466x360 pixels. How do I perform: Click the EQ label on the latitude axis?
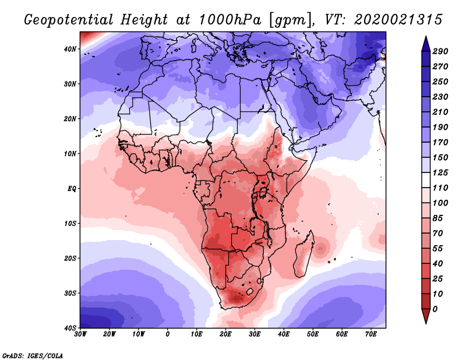[72, 189]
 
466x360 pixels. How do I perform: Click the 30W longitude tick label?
[80, 335]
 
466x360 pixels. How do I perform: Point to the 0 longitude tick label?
[168, 335]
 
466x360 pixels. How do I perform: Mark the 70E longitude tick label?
[371, 335]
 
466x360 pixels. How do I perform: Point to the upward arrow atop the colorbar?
[426, 42]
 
